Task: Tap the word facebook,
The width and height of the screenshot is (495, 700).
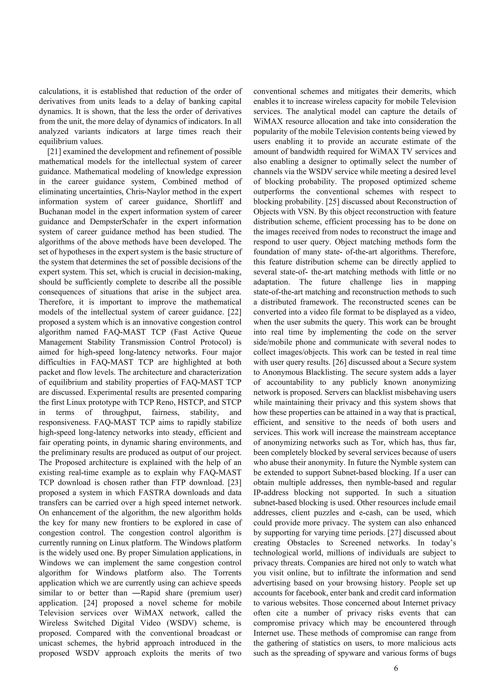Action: (305, 593)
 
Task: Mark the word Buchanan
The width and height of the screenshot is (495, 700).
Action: (56, 212)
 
